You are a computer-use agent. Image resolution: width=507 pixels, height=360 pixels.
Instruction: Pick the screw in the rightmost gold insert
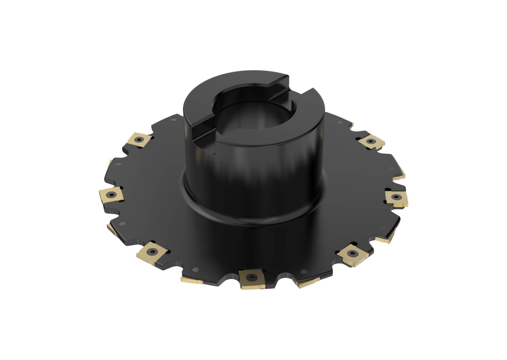point(396,197)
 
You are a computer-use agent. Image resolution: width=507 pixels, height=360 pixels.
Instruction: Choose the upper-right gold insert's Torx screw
point(370,141)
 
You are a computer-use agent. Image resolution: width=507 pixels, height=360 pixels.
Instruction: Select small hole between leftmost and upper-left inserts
point(118,165)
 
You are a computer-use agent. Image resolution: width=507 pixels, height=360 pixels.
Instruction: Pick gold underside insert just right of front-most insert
point(309,283)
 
